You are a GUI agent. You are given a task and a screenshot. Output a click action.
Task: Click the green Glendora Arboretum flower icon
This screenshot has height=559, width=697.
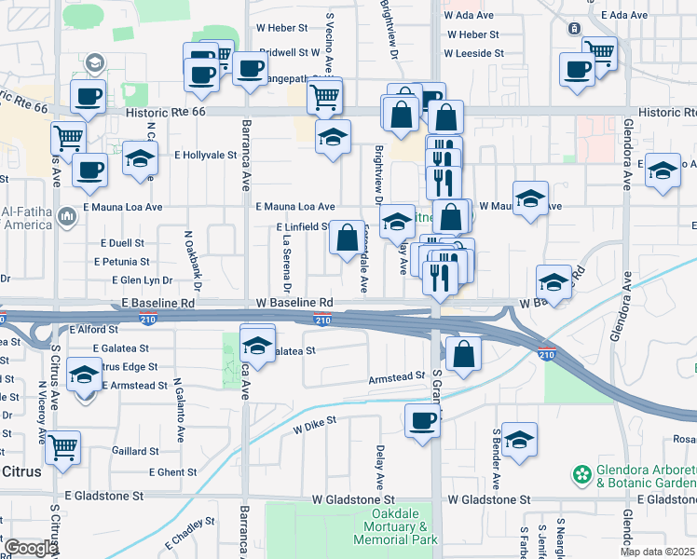coord(583,474)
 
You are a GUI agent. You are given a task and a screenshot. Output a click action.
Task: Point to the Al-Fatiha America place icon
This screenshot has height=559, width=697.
coord(66,217)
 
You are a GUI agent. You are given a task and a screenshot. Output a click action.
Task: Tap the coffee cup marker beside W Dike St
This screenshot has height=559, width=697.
coord(422,420)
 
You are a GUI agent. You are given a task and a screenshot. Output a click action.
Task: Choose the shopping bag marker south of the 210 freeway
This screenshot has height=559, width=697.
coord(463,354)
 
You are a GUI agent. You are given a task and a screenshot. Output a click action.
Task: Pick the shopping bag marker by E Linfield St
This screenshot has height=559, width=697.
coord(347,238)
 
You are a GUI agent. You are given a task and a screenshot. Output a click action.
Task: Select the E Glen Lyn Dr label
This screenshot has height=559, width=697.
coord(143,279)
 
